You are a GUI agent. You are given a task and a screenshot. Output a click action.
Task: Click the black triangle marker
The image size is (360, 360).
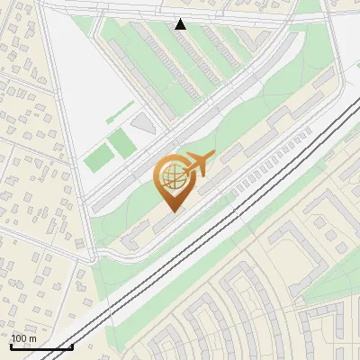pyautogui.click(x=180, y=24)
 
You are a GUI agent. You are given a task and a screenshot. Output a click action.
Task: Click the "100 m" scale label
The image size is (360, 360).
pyautogui.click(x=23, y=338)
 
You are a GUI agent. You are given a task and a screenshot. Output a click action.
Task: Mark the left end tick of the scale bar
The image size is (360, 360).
pyautogui.click(x=11, y=346)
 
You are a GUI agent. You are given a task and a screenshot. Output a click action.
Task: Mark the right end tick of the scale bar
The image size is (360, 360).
pyautogui.click(x=72, y=346)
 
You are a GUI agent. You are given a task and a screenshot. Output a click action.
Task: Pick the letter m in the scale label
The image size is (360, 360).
pyautogui.click(x=32, y=338)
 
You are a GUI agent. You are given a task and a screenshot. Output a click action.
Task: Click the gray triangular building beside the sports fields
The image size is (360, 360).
pyautogui.click(x=142, y=124)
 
